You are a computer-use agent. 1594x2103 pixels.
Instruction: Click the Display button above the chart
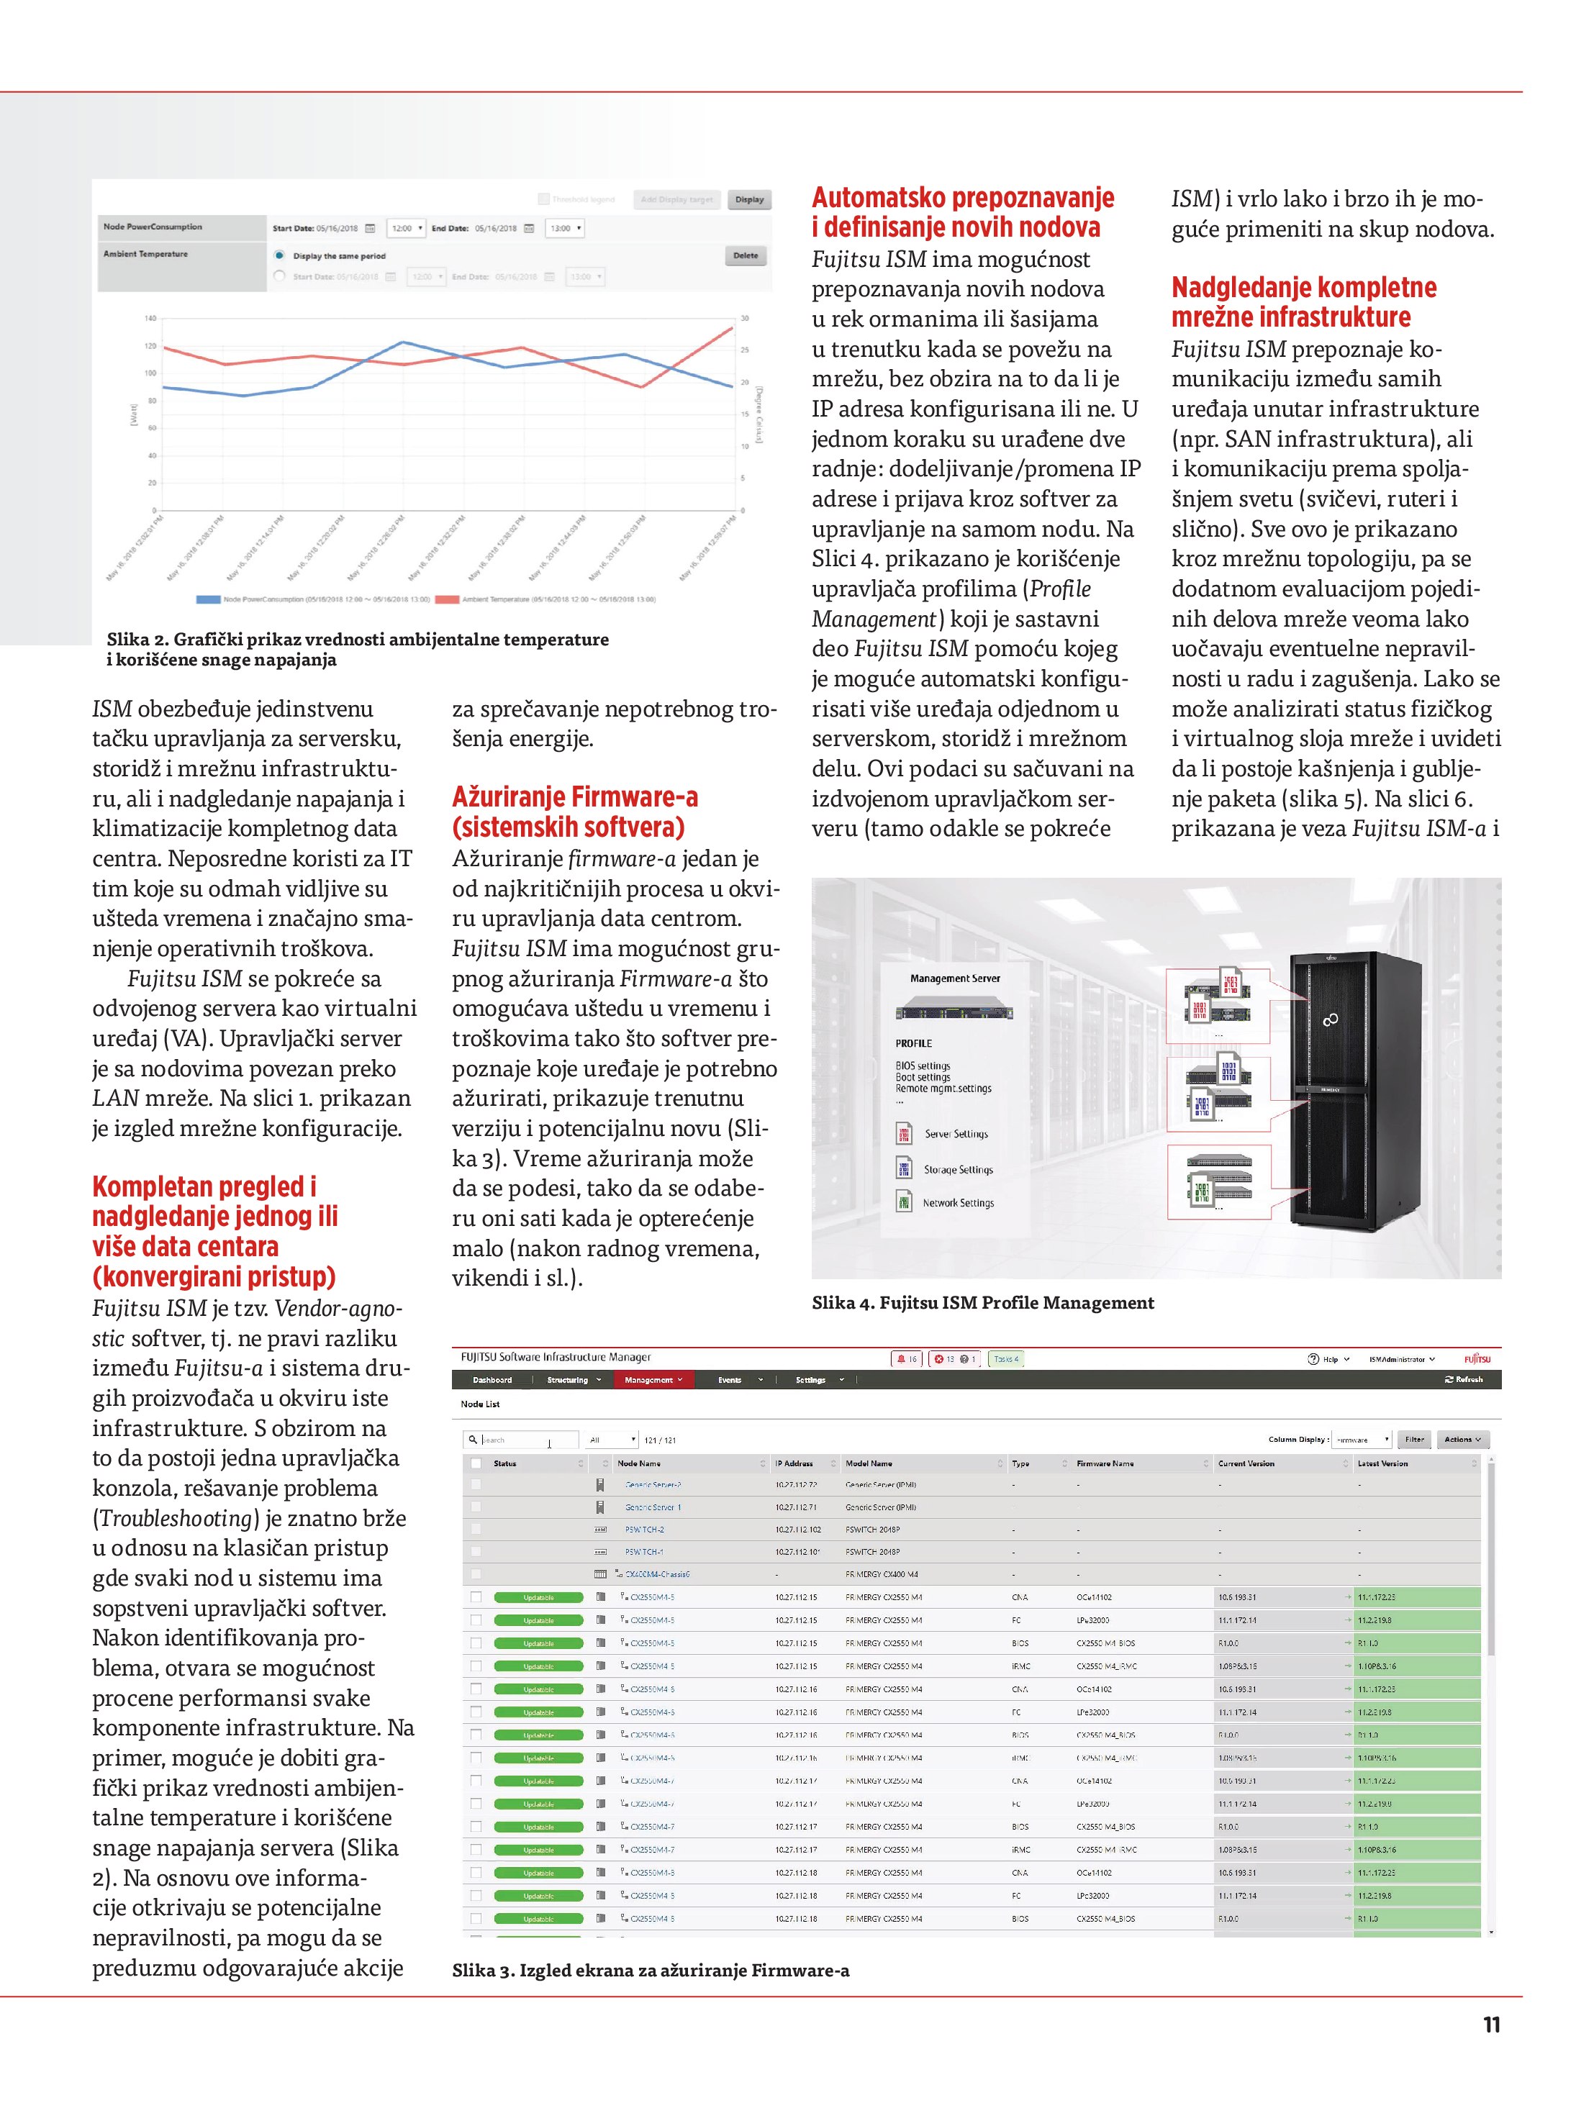coord(749,200)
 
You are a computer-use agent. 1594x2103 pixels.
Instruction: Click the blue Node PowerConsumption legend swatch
coord(208,600)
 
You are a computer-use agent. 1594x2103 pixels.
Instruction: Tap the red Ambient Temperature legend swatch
coord(447,600)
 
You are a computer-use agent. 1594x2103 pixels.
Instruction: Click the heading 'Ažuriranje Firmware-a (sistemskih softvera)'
coord(574,811)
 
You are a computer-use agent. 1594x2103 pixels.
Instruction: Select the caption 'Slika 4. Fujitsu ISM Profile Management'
coord(982,1304)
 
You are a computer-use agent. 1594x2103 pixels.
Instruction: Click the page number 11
coord(1491,2025)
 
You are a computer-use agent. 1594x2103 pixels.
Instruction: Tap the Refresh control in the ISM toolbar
coord(1464,1379)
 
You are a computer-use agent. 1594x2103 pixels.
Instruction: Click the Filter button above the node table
coord(1414,1440)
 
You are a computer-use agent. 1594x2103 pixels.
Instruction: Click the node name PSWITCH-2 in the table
coord(645,1530)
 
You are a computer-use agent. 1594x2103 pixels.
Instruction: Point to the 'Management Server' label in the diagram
coord(955,978)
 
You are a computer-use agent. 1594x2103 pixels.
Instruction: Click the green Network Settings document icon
coord(905,1203)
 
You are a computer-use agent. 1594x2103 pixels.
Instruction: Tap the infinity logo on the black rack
coord(1331,1020)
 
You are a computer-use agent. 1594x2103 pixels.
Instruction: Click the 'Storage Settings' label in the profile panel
coord(958,1171)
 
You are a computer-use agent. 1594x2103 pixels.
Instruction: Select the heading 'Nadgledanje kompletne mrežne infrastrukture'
coord(1303,301)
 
